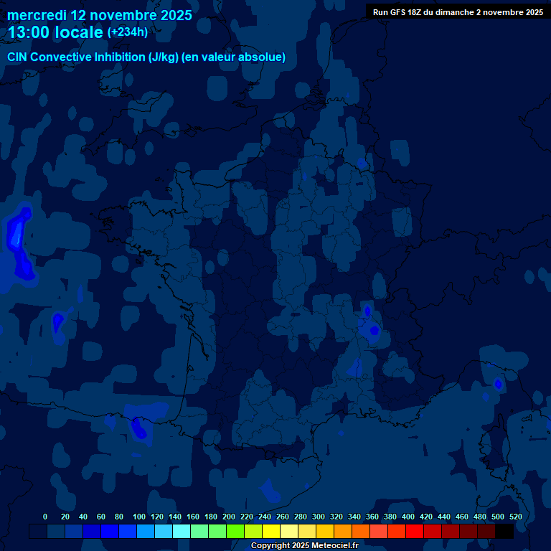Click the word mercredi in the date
(x=37, y=15)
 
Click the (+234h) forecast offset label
(x=128, y=32)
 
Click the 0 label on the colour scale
(x=45, y=517)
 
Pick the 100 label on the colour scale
(x=138, y=517)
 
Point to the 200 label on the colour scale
(x=228, y=517)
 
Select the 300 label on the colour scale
(x=318, y=517)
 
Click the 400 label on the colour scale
(x=408, y=517)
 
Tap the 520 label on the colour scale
(x=515, y=517)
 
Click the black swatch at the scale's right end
(x=504, y=531)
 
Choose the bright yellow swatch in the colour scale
(x=271, y=531)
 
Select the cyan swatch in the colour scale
(x=182, y=531)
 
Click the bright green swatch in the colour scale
(x=235, y=531)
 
